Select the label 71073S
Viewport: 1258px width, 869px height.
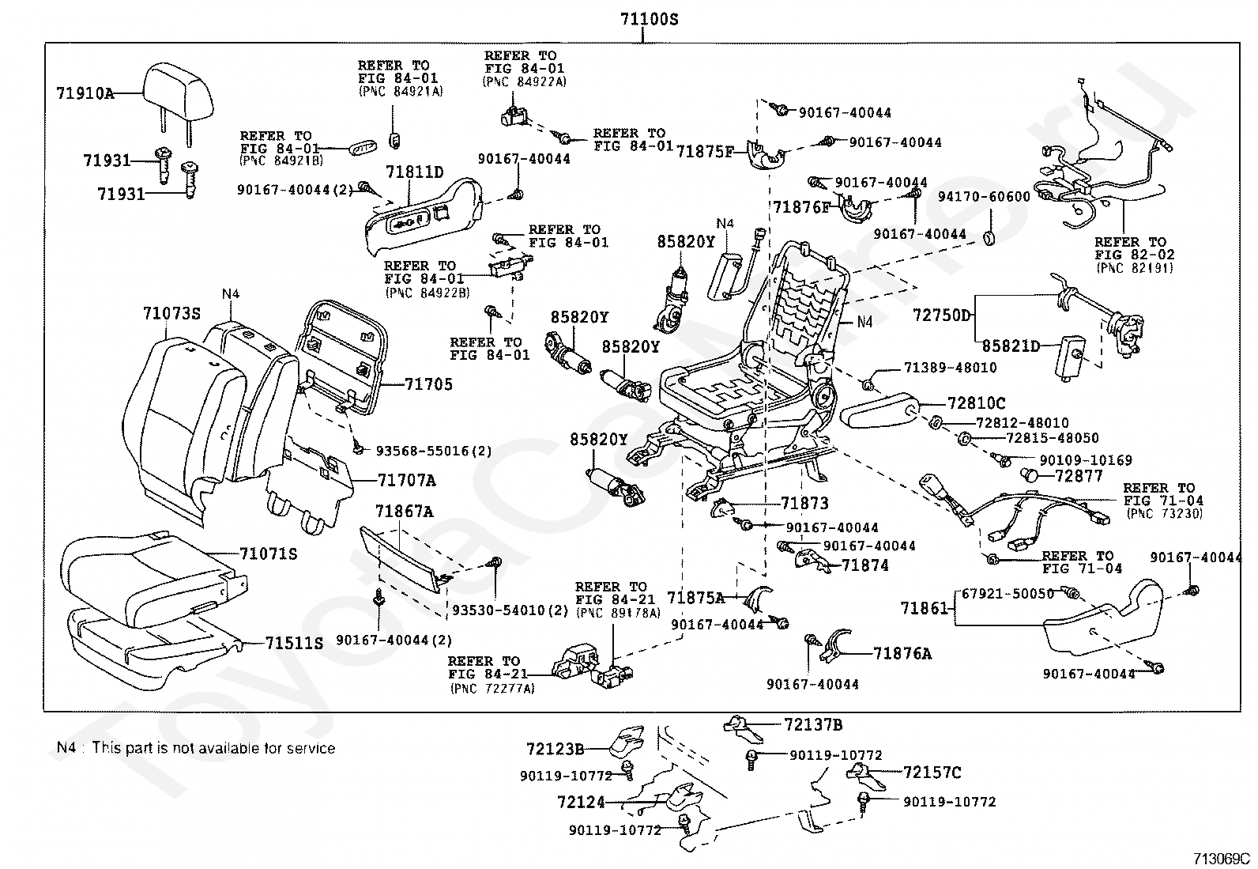(171, 314)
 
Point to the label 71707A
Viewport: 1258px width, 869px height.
(406, 480)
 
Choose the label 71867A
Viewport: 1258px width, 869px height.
(404, 512)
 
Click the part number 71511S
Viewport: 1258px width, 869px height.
(294, 643)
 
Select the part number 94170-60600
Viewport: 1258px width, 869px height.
(984, 196)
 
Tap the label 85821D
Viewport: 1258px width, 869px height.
(1011, 346)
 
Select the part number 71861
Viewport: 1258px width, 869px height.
(924, 608)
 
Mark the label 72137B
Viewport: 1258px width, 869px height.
(813, 724)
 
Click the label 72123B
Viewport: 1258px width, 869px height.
(556, 748)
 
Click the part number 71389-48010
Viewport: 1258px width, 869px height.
(950, 368)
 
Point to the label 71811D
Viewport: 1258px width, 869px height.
(415, 172)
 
